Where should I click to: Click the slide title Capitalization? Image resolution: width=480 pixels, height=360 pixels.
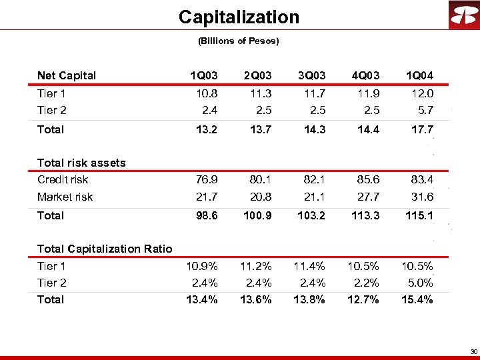[x=239, y=17]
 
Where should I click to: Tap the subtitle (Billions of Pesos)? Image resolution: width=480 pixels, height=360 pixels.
[x=239, y=41]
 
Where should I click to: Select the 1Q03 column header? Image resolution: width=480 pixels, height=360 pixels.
[x=204, y=76]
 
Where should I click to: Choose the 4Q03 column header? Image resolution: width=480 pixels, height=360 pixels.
[x=366, y=76]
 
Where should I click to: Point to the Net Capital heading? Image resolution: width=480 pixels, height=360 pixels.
[x=67, y=76]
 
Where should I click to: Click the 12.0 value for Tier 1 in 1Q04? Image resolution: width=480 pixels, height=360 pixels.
[x=421, y=94]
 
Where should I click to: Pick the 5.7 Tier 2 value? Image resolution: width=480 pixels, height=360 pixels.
[x=425, y=110]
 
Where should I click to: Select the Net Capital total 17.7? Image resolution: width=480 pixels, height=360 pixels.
[x=421, y=129]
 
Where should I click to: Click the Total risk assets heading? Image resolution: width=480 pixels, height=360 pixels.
[x=81, y=163]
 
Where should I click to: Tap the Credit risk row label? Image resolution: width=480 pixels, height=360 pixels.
[x=63, y=179]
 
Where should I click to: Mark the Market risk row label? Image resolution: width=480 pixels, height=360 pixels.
[x=65, y=197]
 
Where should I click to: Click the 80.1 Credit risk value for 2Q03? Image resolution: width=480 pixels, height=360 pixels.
[x=259, y=179]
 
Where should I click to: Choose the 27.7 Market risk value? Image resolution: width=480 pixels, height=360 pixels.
[x=367, y=197]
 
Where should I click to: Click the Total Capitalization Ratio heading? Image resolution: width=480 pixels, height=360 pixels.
[x=105, y=249]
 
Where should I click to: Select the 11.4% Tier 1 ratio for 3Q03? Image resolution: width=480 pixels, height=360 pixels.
[x=309, y=266]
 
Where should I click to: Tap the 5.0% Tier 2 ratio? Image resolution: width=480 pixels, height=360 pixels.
[x=420, y=283]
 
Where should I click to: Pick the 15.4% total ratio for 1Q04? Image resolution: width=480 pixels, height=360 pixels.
[x=417, y=299]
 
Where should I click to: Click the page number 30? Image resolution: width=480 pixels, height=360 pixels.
[x=473, y=351]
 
